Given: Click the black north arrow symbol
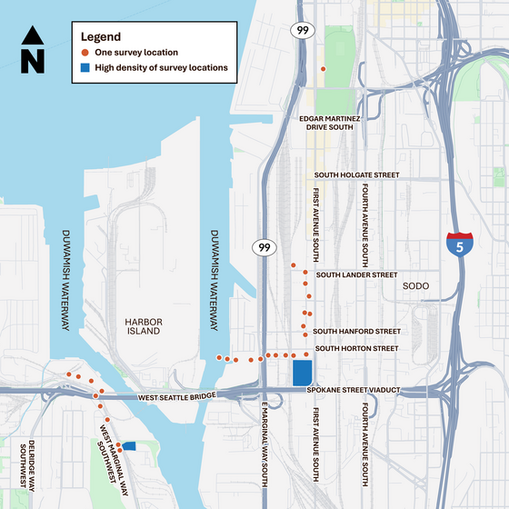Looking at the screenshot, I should [x=32, y=49].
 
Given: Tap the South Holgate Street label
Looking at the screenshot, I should [x=356, y=175].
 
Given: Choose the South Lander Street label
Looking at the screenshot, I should [x=356, y=274].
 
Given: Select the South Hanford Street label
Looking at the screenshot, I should [x=356, y=332].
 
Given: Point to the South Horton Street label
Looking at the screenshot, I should [x=357, y=348].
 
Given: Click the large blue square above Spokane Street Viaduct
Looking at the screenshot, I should [x=303, y=374].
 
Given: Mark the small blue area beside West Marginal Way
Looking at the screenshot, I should [x=129, y=445].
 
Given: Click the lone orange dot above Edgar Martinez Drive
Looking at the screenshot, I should [x=322, y=69].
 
